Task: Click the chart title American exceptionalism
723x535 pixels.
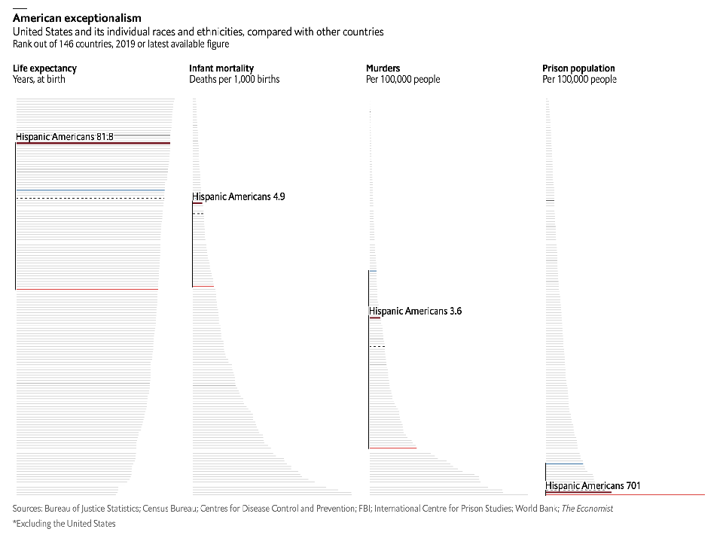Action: [x=77, y=18]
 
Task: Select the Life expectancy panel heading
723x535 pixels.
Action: [x=44, y=68]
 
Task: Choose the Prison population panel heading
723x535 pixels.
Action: [x=578, y=68]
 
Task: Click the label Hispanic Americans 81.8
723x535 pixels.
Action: [x=64, y=137]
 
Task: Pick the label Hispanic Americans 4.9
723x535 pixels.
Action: [x=238, y=196]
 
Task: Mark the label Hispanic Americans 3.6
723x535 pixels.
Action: [x=415, y=311]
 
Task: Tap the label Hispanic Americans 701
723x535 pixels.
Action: [x=593, y=485]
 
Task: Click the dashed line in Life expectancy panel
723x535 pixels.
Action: [x=90, y=198]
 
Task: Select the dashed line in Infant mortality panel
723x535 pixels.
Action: [x=197, y=214]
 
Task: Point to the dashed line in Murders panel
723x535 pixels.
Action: [x=377, y=346]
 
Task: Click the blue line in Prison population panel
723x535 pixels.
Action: [x=564, y=464]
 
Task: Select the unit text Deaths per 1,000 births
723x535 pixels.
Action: [x=234, y=79]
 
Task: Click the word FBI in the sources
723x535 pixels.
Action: [x=365, y=509]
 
